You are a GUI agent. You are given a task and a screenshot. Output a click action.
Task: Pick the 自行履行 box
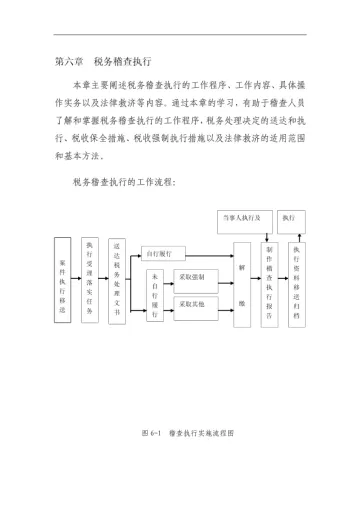pyautogui.click(x=159, y=255)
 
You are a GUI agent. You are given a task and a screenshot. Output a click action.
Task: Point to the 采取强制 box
pyautogui.click(x=190, y=276)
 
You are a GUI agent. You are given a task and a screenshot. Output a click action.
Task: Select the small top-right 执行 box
pyautogui.click(x=291, y=217)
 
